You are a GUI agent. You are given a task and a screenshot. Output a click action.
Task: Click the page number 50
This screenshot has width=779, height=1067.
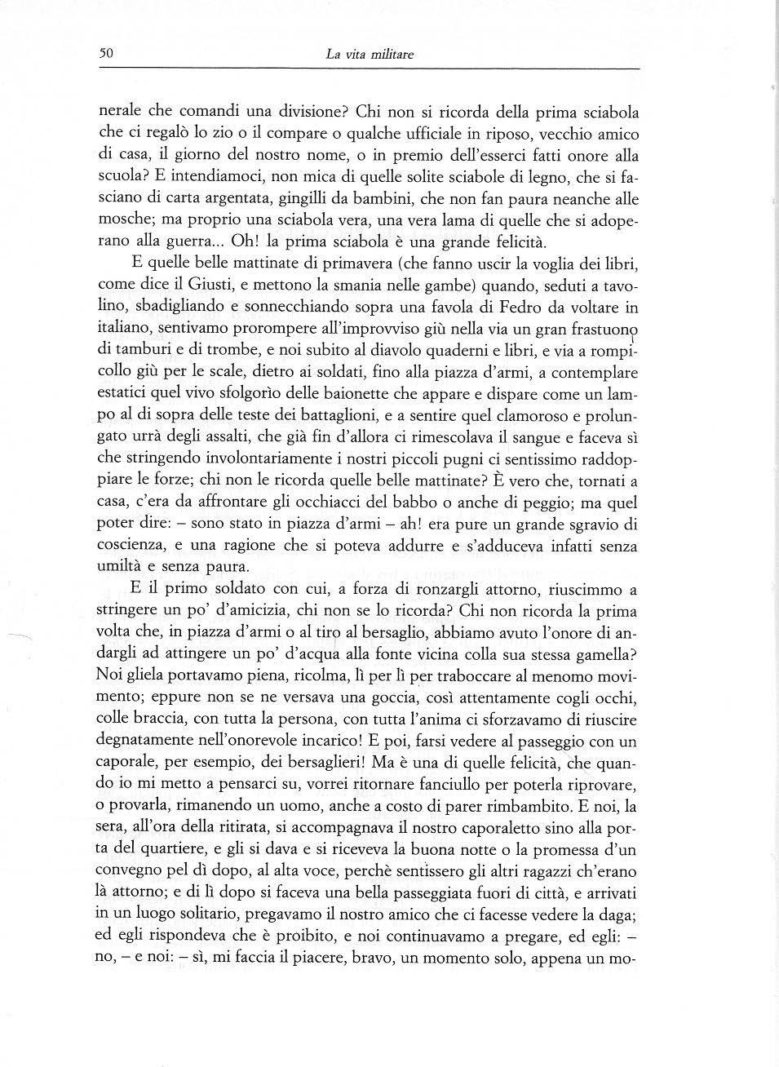tap(104, 55)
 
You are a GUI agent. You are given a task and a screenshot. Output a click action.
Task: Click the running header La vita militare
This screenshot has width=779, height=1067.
tap(370, 55)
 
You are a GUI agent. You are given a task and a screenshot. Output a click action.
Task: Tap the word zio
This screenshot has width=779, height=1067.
tap(223, 134)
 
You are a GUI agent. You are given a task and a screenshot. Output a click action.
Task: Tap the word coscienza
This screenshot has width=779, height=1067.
tap(129, 547)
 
